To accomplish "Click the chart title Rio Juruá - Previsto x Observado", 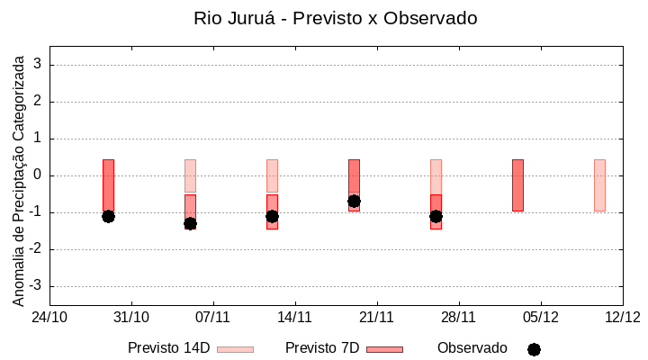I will pos(335,18).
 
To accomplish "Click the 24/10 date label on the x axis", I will pos(49,317).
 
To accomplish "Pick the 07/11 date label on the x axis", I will pos(213,317).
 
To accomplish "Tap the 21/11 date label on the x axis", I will pos(377,317).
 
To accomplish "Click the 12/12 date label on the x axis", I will pos(622,317).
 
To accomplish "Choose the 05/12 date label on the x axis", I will pos(541,317).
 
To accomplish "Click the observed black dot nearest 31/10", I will pos(108,216).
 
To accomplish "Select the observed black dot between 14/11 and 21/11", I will pos(354,202).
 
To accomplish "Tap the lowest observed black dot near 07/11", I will pos(190,223).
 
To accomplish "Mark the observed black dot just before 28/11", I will pos(436,216).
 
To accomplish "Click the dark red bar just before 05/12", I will pos(517,185).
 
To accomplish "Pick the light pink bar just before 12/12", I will pos(599,185).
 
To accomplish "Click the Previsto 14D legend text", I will pos(168,348).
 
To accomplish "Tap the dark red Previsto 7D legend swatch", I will pos(384,349).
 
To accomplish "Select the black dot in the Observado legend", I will pos(534,349).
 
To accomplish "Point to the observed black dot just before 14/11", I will pos(272,216).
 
